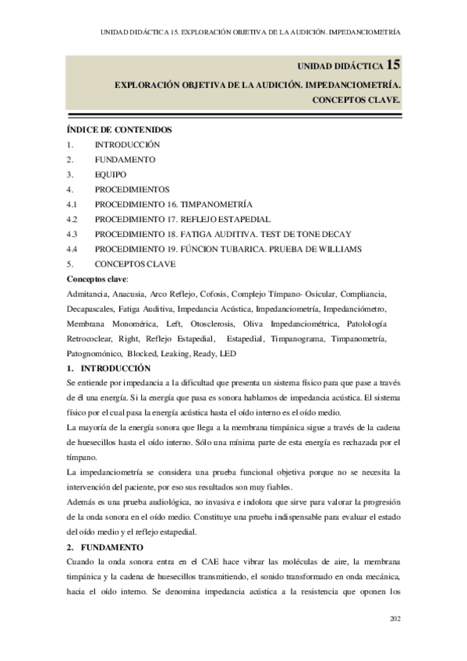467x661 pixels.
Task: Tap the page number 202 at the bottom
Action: pyautogui.click(x=394, y=620)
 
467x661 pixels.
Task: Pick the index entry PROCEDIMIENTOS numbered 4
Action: pyautogui.click(x=133, y=189)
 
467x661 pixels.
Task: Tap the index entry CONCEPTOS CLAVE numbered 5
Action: pyautogui.click(x=135, y=263)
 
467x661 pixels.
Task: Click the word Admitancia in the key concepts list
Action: pyautogui.click(x=89, y=294)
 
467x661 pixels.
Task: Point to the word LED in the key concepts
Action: pyautogui.click(x=228, y=353)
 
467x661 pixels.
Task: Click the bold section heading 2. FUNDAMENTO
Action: pyautogui.click(x=110, y=548)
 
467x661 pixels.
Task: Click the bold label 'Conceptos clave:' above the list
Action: pyautogui.click(x=98, y=278)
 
